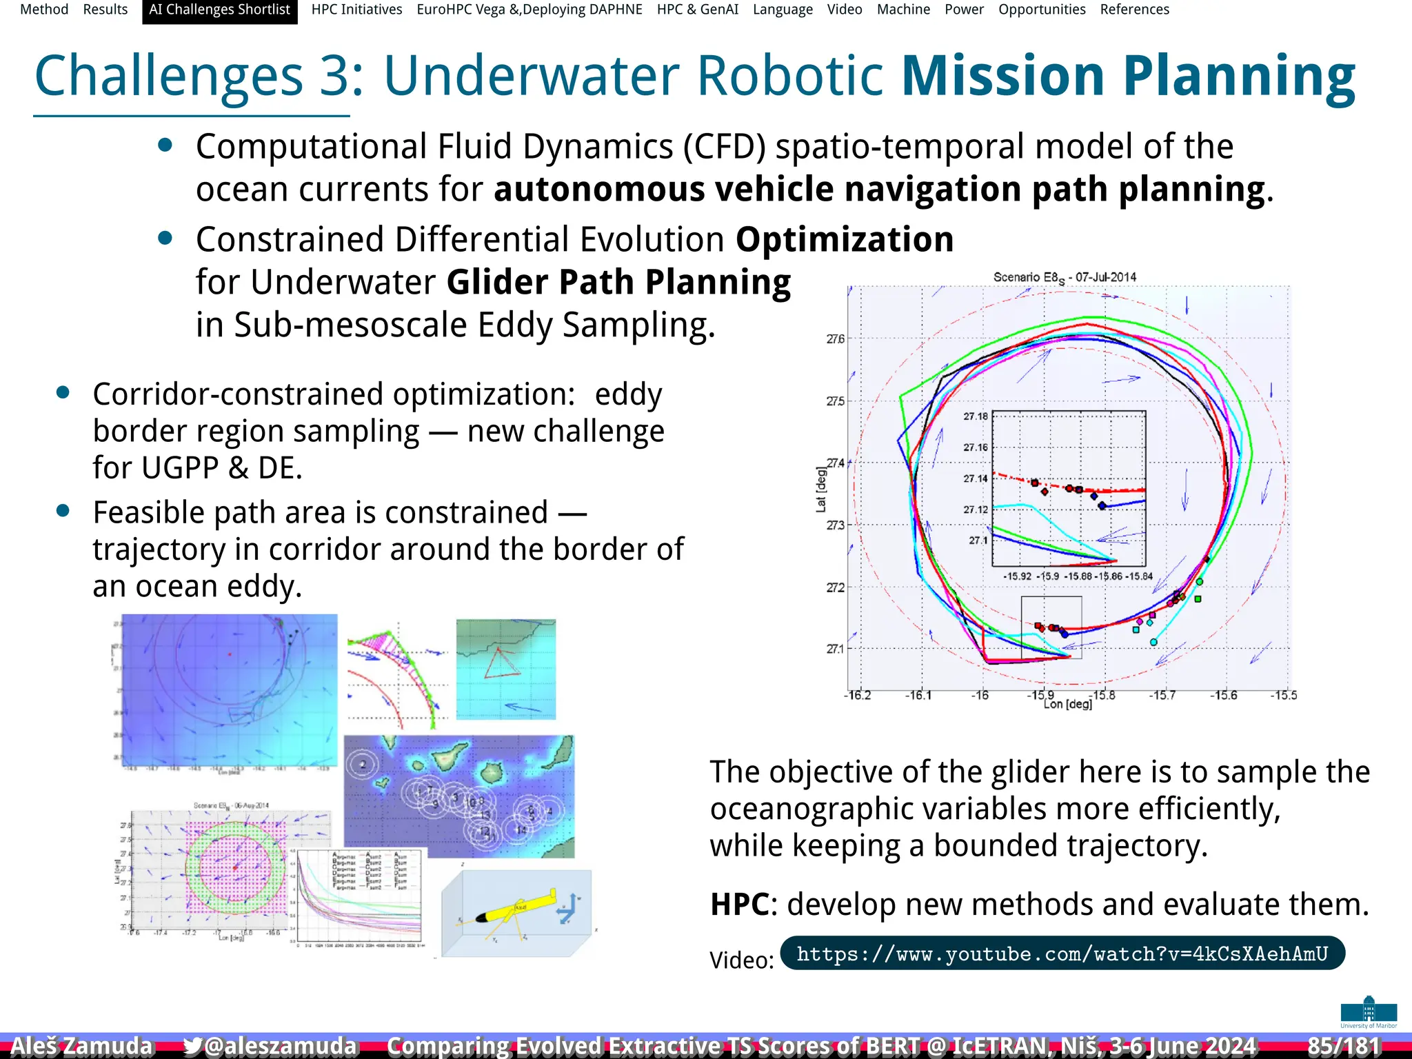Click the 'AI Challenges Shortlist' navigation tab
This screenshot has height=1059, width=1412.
(219, 10)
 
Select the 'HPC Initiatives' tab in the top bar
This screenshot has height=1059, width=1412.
(356, 10)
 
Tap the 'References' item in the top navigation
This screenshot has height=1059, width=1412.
(1134, 10)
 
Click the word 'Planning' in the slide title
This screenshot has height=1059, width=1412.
(1238, 76)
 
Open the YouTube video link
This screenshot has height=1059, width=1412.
(1062, 954)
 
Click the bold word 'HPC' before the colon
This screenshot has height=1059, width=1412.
(739, 904)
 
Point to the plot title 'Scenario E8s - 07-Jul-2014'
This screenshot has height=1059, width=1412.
(1065, 277)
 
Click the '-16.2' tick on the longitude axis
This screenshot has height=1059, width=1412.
(857, 695)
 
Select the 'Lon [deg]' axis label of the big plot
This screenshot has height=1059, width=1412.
(1067, 705)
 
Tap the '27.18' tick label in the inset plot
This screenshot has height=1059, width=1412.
(975, 416)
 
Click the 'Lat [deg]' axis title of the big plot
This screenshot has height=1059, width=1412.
(820, 490)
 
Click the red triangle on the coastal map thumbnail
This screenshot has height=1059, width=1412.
(501, 663)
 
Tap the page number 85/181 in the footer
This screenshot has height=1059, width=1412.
(1344, 1045)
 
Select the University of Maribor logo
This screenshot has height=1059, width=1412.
(1369, 1011)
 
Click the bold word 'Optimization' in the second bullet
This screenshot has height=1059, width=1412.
(845, 240)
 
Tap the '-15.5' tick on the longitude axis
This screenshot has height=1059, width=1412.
(1283, 695)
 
